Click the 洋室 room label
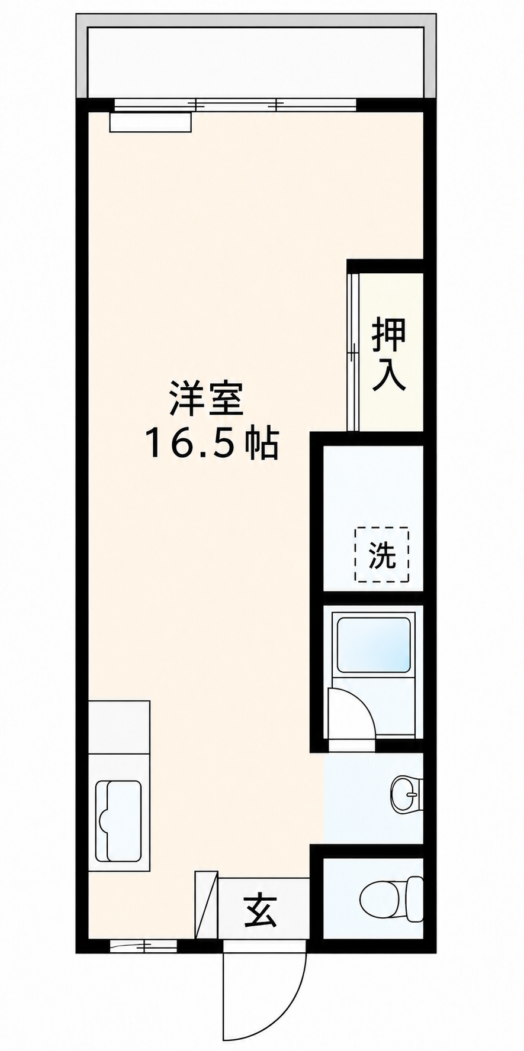(206, 399)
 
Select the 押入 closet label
(388, 355)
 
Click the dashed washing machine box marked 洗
(382, 554)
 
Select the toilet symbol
(391, 900)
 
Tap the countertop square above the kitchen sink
(118, 727)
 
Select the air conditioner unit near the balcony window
(150, 122)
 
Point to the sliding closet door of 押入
(353, 352)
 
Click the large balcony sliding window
(235, 105)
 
